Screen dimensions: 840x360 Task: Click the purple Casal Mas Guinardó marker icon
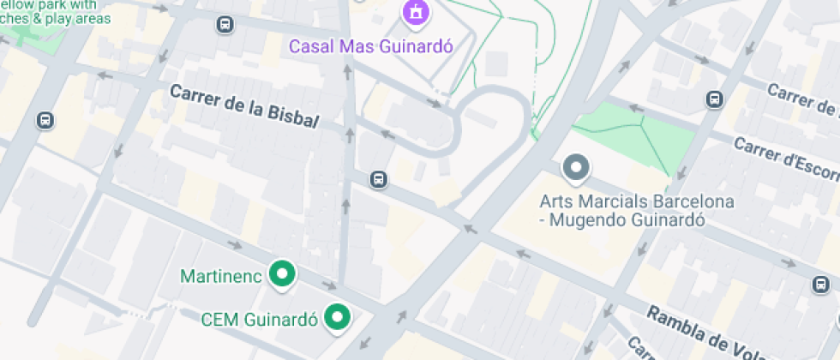416,13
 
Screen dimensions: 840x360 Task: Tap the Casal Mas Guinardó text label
370,45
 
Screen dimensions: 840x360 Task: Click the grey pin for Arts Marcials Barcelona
576,168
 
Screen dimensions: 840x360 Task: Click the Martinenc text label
222,276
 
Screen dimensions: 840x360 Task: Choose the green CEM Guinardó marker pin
339,318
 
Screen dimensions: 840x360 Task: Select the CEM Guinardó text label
259,320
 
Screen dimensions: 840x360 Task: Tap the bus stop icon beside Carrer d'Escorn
714,99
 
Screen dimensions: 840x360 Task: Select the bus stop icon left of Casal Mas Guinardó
225,25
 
